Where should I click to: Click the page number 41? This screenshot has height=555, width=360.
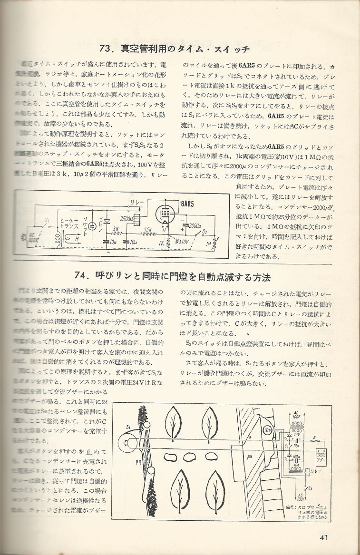click(x=325, y=537)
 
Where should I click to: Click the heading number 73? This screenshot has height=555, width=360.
click(x=108, y=49)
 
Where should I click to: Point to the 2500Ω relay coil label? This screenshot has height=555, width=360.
click(x=127, y=218)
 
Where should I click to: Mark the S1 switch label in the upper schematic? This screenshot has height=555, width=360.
click(x=47, y=222)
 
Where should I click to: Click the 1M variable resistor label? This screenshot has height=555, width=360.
click(x=208, y=243)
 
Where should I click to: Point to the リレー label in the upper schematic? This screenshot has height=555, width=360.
click(x=136, y=202)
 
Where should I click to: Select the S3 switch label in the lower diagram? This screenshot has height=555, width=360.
click(x=310, y=488)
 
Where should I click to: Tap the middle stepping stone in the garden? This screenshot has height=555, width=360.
click(x=192, y=456)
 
